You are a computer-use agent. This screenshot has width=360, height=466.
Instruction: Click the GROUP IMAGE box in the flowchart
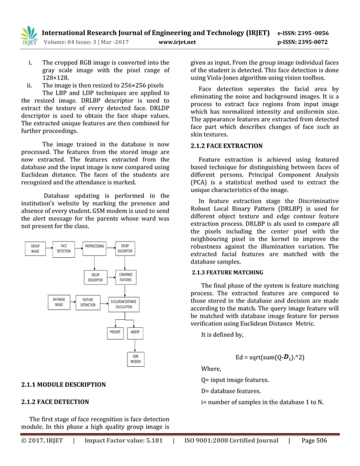pyautogui.click(x=35, y=249)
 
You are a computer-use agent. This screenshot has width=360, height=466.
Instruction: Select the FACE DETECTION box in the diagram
pyautogui.click(x=64, y=249)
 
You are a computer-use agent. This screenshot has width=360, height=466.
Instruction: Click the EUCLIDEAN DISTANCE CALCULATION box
pyautogui.click(x=124, y=304)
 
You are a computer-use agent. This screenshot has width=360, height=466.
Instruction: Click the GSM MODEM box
pyautogui.click(x=136, y=359)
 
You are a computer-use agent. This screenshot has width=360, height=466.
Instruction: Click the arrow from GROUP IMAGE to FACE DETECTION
pyautogui.click(x=49, y=249)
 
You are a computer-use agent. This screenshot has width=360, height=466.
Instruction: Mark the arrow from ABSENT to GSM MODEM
pyautogui.click(x=135, y=345)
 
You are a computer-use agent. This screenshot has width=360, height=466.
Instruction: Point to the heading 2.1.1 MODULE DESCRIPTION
pyautogui.click(x=63, y=385)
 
